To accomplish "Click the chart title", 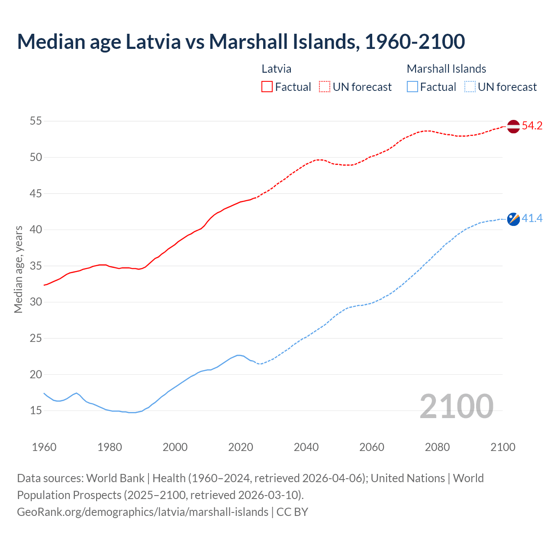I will pyautogui.click(x=241, y=42).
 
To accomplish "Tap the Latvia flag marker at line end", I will pyautogui.click(x=513, y=126).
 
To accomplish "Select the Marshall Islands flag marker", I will pyautogui.click(x=513, y=219).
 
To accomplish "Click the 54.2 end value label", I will pyautogui.click(x=532, y=126).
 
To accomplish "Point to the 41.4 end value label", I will pyautogui.click(x=532, y=219).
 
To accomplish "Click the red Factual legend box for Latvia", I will pyautogui.click(x=267, y=87).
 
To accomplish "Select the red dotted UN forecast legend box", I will pyautogui.click(x=325, y=87).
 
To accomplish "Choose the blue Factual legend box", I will pyautogui.click(x=412, y=87).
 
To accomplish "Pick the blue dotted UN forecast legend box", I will pyautogui.click(x=470, y=87).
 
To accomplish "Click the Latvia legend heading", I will pyautogui.click(x=276, y=69).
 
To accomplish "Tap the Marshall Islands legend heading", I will pyautogui.click(x=446, y=69).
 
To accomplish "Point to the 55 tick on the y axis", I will pyautogui.click(x=35, y=121).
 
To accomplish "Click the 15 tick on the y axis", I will pyautogui.click(x=35, y=411).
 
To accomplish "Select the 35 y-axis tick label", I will pyautogui.click(x=35, y=266).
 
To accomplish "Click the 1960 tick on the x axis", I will pyautogui.click(x=44, y=447).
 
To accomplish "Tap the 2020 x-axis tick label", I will pyautogui.click(x=241, y=447).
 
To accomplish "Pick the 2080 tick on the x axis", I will pyautogui.click(x=437, y=447).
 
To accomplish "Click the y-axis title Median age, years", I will pyautogui.click(x=18, y=269).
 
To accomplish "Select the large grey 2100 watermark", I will pyautogui.click(x=456, y=406).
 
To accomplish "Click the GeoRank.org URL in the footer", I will pyautogui.click(x=142, y=512).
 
